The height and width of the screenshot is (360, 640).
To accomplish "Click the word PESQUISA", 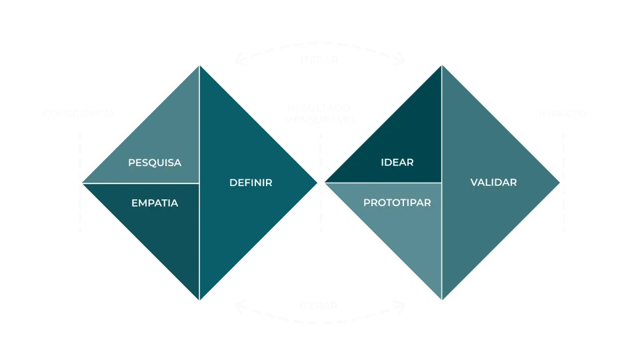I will pos(154,163).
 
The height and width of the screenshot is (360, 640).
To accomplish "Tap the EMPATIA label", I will pos(155,203).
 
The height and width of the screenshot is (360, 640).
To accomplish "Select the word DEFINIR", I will pos(251,183).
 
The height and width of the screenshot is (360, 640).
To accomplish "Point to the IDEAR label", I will pos(397,163).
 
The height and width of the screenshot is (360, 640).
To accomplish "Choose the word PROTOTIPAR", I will pos(397,203).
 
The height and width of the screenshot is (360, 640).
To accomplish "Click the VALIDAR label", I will pos(493,183).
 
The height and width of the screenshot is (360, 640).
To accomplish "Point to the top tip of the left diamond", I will pos(199,65).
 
